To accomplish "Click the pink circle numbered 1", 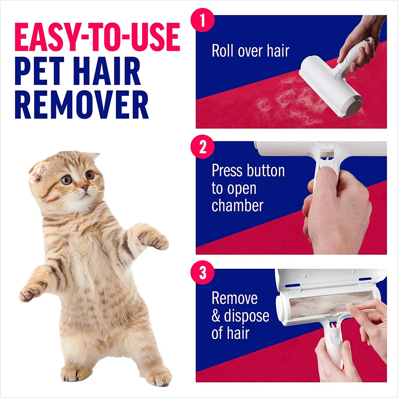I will point(203,21).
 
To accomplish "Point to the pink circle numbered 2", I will point(203,147).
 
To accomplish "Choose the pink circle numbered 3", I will point(203,273).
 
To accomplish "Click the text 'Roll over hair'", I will point(250,51).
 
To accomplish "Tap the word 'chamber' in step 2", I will point(237,205).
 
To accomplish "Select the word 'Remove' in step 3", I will point(235,298).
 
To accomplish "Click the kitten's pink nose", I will point(86,187).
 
